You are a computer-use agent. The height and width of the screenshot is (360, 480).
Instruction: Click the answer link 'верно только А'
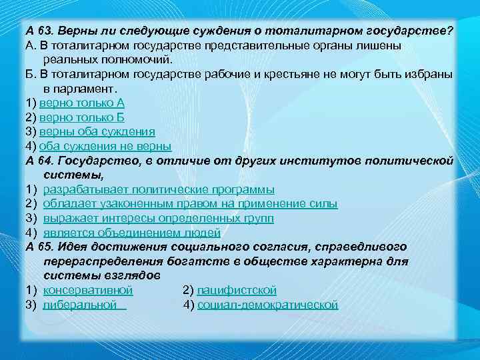[x=82, y=103]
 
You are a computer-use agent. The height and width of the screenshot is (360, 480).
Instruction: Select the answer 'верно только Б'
[x=82, y=117]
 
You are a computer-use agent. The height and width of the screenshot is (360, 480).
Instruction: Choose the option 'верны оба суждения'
[x=97, y=131]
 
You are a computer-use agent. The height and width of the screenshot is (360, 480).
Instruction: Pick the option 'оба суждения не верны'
[x=105, y=146]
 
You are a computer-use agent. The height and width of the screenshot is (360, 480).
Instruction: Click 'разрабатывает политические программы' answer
[x=159, y=189]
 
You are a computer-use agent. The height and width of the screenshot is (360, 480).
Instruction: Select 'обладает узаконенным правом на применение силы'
[x=190, y=203]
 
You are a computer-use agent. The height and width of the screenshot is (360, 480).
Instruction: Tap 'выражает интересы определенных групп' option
[x=159, y=218]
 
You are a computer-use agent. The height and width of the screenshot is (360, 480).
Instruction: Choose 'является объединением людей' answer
[x=132, y=233]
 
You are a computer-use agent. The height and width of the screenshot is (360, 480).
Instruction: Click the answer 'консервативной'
[x=88, y=290]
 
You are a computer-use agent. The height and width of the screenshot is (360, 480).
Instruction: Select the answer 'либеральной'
[x=84, y=305]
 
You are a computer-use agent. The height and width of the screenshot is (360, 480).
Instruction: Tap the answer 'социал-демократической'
[x=268, y=305]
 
